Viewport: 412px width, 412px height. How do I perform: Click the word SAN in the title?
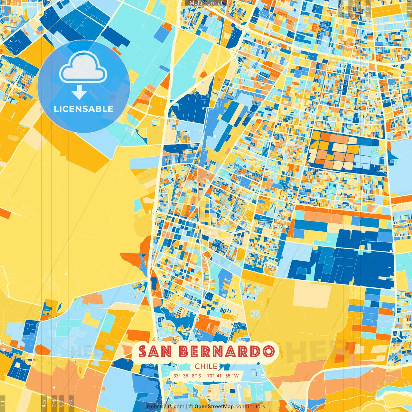pyautogui.click(x=155, y=351)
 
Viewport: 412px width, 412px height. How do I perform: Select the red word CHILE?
pyautogui.click(x=206, y=366)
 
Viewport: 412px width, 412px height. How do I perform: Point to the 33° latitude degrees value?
pyautogui.click(x=177, y=376)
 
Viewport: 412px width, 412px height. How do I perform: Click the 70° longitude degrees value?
pyautogui.click(x=211, y=376)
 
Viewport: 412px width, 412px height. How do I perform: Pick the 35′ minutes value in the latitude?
pyautogui.click(x=186, y=376)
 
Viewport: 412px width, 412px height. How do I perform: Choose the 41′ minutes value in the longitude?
pyautogui.click(x=220, y=376)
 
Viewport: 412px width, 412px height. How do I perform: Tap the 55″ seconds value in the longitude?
pyautogui.click(x=229, y=376)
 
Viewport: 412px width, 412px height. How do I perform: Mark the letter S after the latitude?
pyautogui.click(x=200, y=376)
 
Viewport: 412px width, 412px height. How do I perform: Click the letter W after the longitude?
pyautogui.click(x=237, y=376)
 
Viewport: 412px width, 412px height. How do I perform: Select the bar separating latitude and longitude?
pyautogui.click(x=204, y=376)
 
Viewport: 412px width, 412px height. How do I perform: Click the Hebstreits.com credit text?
pyautogui.click(x=166, y=407)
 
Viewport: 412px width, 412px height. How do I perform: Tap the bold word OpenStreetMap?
pyautogui.click(x=214, y=407)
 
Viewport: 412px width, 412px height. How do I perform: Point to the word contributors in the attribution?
pyautogui.click(x=250, y=407)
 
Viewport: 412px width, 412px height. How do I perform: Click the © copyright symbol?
pyautogui.click(x=191, y=407)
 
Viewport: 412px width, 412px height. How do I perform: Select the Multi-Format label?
pyautogui.click(x=206, y=3)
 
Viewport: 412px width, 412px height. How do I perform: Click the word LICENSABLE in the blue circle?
pyautogui.click(x=84, y=109)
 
